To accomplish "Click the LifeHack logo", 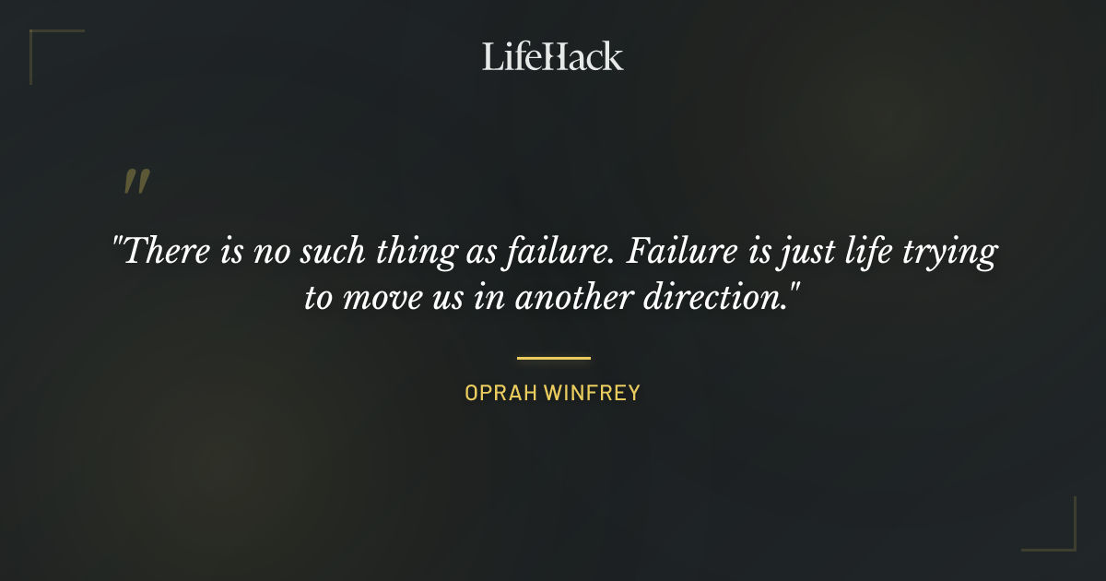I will click(552, 56).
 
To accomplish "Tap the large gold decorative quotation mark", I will click(136, 182).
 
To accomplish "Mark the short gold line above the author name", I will click(553, 358).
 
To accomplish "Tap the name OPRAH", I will click(500, 393).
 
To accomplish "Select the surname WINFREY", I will click(592, 393).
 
